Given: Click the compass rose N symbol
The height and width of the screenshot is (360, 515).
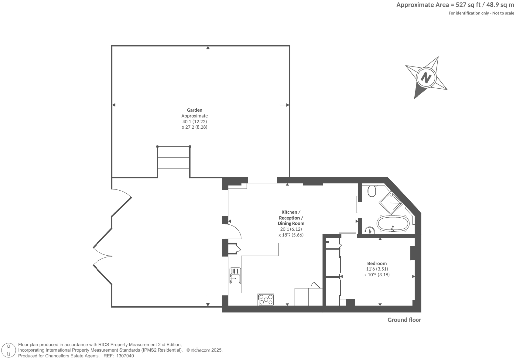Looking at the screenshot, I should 426,77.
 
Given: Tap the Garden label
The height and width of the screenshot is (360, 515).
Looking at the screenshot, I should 194,110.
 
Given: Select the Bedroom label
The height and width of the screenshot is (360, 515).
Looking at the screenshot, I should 377,263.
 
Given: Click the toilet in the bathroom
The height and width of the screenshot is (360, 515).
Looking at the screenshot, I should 372,191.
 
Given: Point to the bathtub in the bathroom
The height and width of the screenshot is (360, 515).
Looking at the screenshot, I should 393,224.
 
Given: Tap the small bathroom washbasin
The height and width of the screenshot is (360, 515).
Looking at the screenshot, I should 369,230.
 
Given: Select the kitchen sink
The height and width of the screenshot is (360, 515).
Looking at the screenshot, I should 235,276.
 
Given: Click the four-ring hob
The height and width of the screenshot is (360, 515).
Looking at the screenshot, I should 266,299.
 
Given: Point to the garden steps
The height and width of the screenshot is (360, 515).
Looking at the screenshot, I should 173,161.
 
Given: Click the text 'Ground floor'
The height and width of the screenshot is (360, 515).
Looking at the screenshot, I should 404,320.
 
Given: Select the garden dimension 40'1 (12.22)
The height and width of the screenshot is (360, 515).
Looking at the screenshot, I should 194,121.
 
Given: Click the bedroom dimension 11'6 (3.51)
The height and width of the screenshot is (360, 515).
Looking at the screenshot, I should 377,269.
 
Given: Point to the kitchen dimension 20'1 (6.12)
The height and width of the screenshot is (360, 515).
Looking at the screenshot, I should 291,229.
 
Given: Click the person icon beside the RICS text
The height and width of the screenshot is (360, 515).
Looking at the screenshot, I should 9,350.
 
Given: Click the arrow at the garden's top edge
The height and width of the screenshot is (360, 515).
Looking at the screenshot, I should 208,50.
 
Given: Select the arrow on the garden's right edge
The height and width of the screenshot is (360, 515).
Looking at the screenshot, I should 285,105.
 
